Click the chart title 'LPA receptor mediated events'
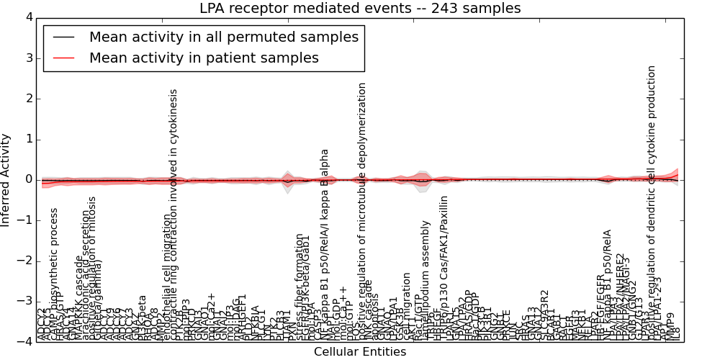(x=360, y=8)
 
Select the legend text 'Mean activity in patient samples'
(x=204, y=58)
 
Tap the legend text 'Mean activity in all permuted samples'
(x=223, y=37)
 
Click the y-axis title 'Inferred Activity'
(x=6, y=179)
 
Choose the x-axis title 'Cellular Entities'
(x=360, y=351)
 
